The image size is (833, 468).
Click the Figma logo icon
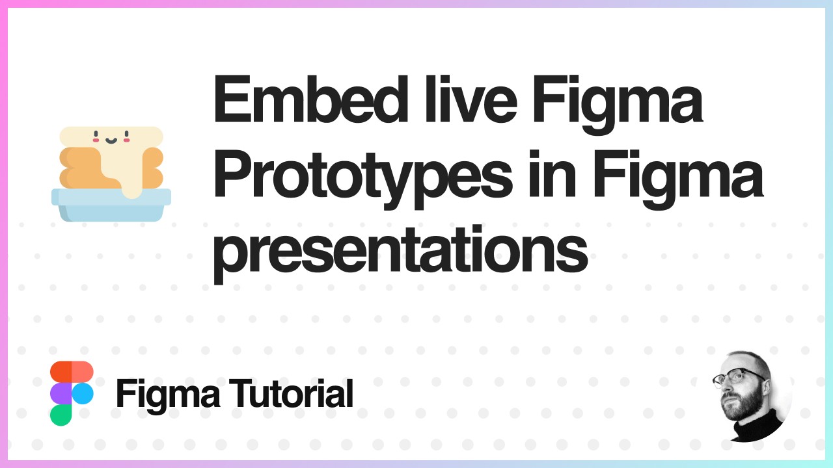(x=72, y=393)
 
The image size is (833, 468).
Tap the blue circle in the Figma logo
(x=83, y=393)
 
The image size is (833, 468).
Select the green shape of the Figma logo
(x=61, y=415)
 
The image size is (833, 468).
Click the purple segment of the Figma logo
(x=61, y=393)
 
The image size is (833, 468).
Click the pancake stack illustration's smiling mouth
(x=110, y=139)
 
